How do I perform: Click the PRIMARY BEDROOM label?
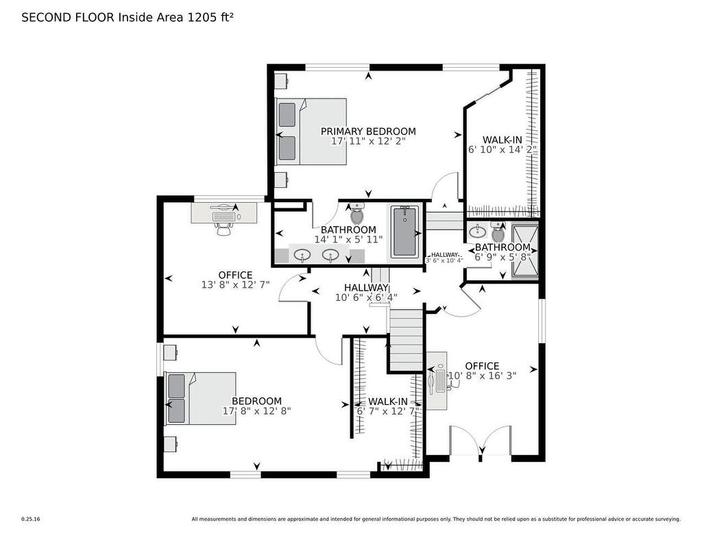(368, 132)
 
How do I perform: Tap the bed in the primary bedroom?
(312, 132)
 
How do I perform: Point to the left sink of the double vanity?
(302, 255)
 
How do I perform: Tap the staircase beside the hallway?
(406, 339)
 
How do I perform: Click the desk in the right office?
(436, 381)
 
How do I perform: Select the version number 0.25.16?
(31, 519)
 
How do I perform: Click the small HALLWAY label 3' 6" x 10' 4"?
(444, 257)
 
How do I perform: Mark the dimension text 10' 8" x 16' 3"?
(482, 375)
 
